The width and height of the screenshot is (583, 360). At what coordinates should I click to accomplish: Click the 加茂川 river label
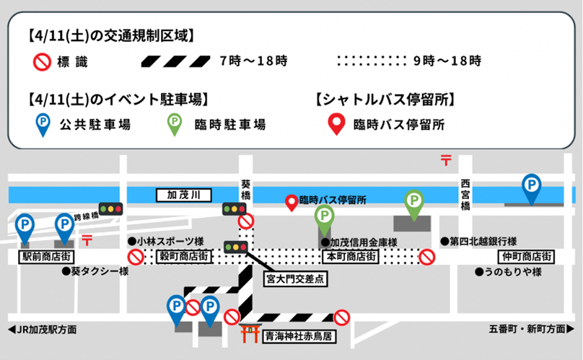[x=178, y=195]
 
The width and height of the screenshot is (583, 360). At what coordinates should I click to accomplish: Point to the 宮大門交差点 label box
[x=295, y=276]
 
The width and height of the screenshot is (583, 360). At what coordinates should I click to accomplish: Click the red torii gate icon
[x=250, y=334]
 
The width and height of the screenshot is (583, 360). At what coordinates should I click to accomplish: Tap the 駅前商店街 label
[x=41, y=256]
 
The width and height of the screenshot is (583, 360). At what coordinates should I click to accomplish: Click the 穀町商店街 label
[x=183, y=256]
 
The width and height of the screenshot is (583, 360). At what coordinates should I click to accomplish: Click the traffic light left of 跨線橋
[x=111, y=209]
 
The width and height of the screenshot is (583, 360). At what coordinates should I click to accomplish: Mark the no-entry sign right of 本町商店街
[x=427, y=256]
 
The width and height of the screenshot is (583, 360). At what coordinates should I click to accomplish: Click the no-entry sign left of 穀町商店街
[x=136, y=257]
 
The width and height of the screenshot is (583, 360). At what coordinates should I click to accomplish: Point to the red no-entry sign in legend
[x=43, y=62]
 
